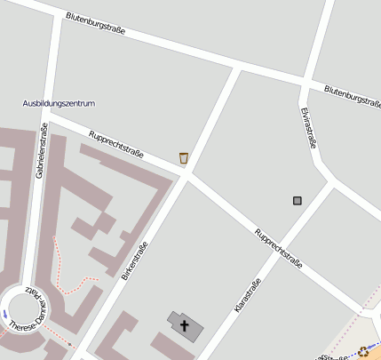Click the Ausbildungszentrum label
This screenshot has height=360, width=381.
pos(59,104)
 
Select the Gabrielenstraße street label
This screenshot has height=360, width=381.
pos(41,151)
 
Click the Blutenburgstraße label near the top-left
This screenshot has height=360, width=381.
pos(95,24)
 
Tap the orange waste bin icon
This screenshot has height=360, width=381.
pos(184,158)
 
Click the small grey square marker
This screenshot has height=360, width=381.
pos(298,201)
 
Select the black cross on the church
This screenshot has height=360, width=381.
pos(185,325)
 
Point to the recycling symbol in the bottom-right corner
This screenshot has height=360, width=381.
pos(363,351)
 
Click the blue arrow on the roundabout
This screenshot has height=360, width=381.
pos(4,313)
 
